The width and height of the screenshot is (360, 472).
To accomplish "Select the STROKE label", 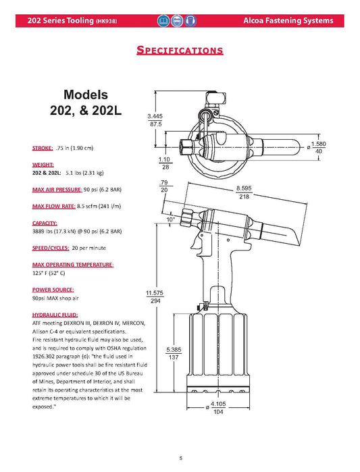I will click(x=43, y=148).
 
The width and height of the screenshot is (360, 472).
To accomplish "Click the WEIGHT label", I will click(x=43, y=164).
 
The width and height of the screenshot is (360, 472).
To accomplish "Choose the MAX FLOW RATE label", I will click(x=54, y=205).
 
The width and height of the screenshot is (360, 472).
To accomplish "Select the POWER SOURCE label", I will click(x=53, y=289).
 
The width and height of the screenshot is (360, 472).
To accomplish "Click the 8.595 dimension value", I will click(x=245, y=188).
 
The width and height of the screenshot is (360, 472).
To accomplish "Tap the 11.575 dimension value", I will click(x=155, y=292).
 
